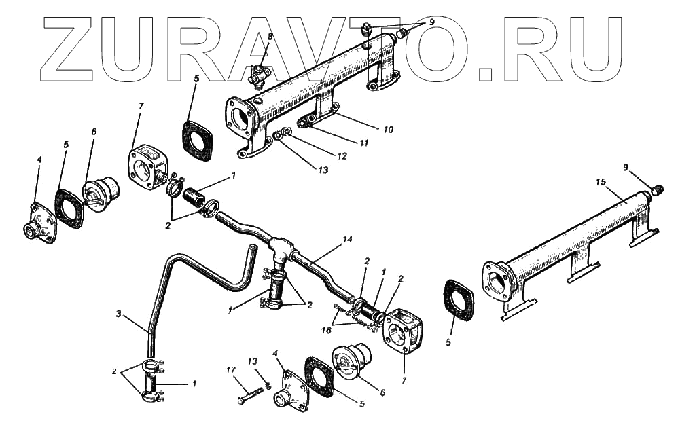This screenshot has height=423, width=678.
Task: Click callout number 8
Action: pos(270,35)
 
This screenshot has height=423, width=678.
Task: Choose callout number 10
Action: pos(388,128)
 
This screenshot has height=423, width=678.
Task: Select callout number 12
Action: pos(342,157)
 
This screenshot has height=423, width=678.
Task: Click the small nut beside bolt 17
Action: pos(268,386)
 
